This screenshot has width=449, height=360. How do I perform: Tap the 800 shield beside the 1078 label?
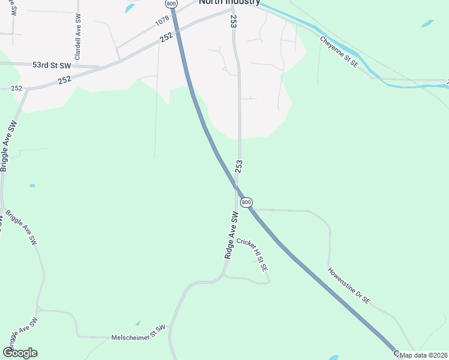[172, 4]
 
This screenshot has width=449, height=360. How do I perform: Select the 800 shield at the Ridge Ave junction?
[247, 202]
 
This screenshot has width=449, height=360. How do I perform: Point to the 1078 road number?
[163, 21]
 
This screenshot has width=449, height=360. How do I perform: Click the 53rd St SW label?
[52, 64]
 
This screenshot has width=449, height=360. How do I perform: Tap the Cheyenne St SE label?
[339, 52]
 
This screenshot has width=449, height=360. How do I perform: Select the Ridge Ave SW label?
[232, 235]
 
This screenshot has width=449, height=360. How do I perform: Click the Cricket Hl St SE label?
[252, 256]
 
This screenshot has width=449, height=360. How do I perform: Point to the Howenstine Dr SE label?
[349, 285]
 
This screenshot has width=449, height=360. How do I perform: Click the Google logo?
[20, 353]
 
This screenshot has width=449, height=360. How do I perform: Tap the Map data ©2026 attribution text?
[424, 355]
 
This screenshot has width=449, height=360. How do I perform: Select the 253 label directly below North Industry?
[233, 21]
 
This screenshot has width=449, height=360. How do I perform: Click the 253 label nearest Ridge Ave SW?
[238, 166]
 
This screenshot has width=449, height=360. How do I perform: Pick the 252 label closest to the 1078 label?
[166, 37]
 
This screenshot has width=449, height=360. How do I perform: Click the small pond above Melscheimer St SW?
[137, 323]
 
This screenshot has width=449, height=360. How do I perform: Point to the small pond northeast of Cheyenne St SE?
[427, 24]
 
